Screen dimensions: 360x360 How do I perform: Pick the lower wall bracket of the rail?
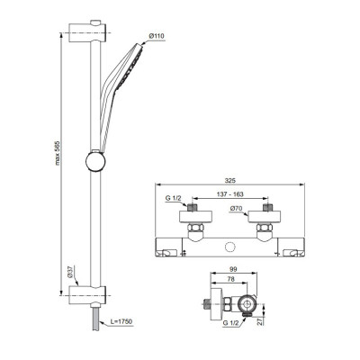[94, 294]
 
